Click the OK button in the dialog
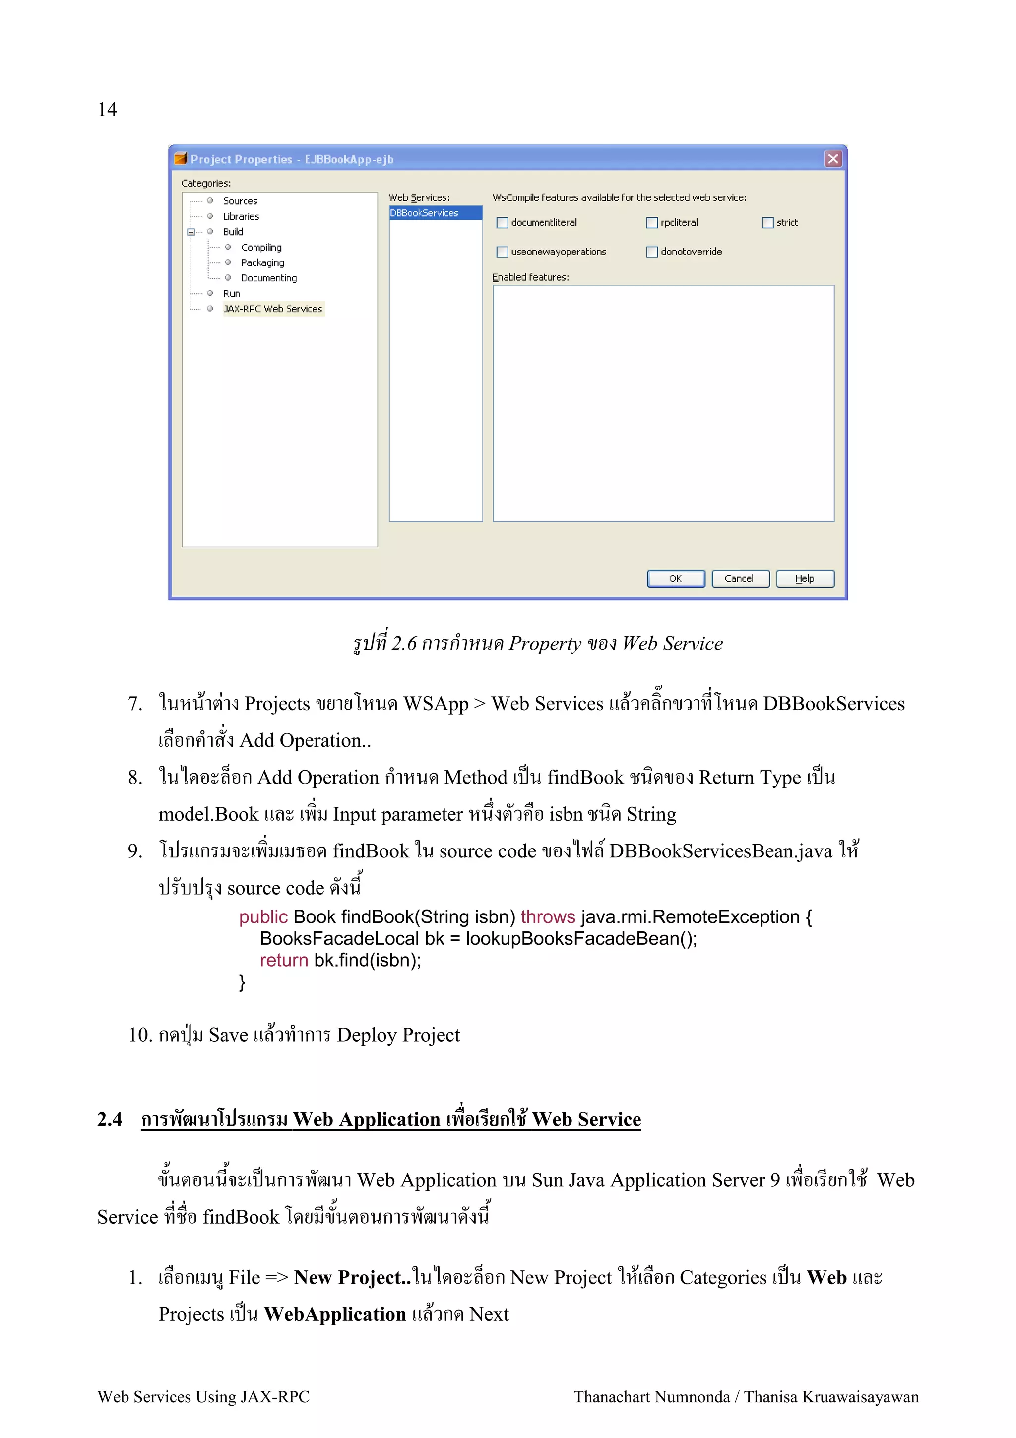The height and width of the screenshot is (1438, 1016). tap(676, 578)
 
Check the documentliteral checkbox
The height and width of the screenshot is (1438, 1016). tap(502, 223)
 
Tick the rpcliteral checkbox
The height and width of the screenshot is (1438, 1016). tap(652, 223)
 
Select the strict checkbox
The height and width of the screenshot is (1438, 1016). tap(767, 223)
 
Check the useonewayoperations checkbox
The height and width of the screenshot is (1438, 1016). tap(502, 252)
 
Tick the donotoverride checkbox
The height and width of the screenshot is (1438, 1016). tap(652, 252)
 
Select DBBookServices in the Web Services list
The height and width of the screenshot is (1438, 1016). tap(425, 213)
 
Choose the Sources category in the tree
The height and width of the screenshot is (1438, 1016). tap(240, 201)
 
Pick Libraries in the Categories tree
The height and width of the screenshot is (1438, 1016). tap(241, 217)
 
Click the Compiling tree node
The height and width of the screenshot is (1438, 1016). tap(261, 248)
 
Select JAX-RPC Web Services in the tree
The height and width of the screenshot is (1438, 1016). tap(272, 309)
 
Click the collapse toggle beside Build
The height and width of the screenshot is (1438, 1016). tap(191, 232)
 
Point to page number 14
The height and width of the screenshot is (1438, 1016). tap(108, 110)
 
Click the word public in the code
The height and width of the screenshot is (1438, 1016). tap(263, 917)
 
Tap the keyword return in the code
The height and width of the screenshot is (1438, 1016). tap(284, 960)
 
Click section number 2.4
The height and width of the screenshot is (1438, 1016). tap(110, 1119)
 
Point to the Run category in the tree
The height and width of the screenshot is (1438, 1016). tap(232, 294)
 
